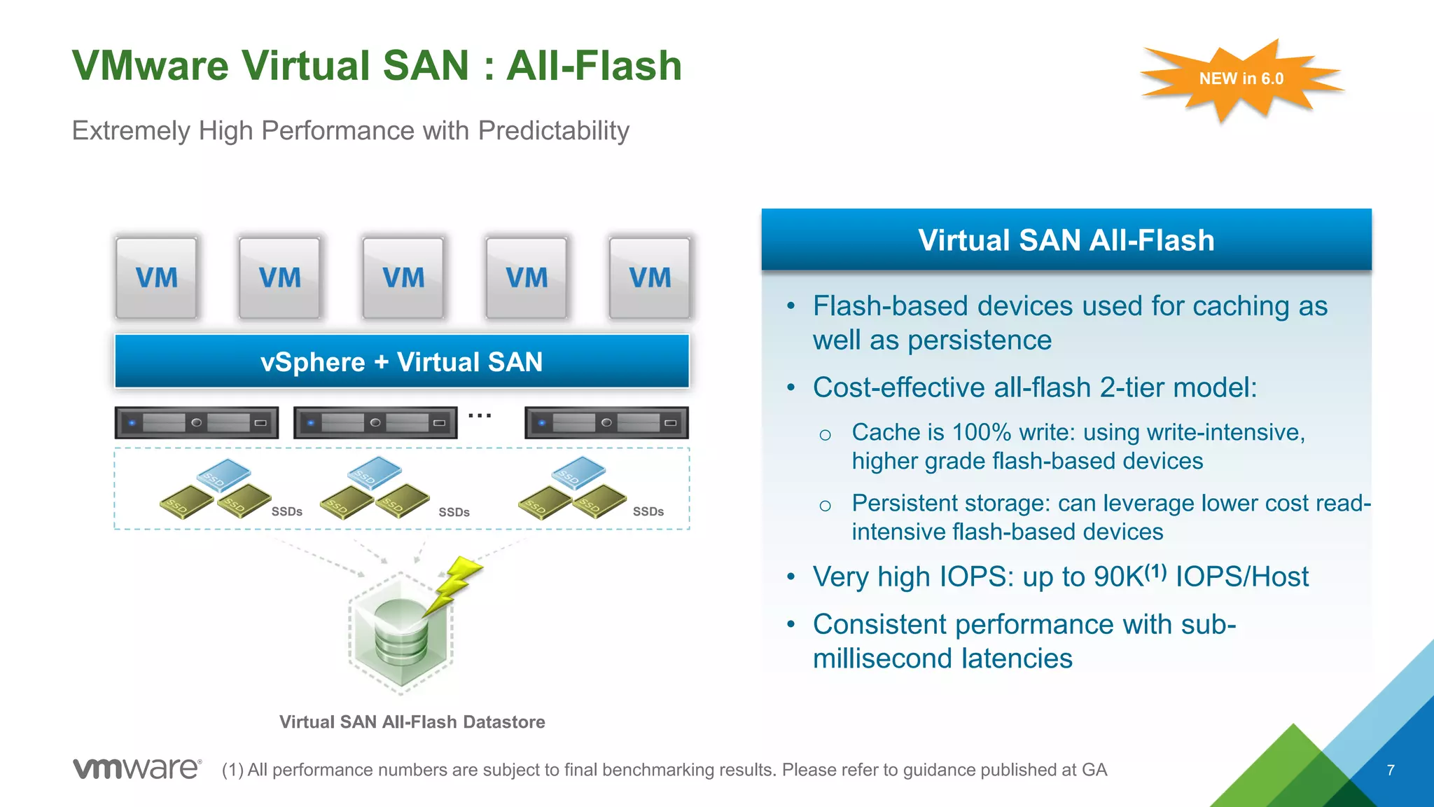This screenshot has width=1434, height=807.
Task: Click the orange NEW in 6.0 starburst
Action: [1241, 79]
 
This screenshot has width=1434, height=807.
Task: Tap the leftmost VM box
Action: [156, 278]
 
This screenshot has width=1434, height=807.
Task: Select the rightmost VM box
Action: [649, 278]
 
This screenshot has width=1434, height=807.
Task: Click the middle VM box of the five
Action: [403, 278]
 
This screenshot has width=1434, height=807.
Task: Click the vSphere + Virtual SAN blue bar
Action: [402, 361]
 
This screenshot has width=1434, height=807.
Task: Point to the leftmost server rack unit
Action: [196, 422]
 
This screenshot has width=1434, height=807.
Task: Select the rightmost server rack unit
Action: [606, 422]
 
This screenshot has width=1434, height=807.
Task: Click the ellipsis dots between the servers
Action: [480, 416]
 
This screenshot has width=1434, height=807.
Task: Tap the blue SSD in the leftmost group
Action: [223, 474]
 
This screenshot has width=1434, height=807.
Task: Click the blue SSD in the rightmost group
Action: [578, 472]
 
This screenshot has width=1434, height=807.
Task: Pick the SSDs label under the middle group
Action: [454, 512]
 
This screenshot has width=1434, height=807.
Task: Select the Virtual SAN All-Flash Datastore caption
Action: [412, 722]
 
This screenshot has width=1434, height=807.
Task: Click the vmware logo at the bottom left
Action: [137, 768]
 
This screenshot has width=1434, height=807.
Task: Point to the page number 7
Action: [1391, 770]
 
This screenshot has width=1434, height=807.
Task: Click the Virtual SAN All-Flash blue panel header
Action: [1066, 240]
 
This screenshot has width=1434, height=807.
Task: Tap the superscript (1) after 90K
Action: [1156, 572]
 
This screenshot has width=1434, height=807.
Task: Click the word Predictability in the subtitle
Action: [553, 131]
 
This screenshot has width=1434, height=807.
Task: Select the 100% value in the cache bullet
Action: [981, 432]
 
